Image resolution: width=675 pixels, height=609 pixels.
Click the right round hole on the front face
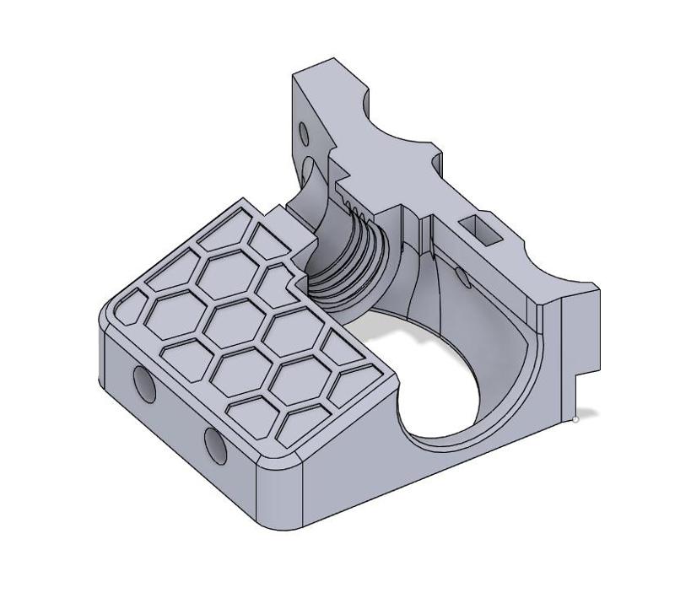tap(215, 444)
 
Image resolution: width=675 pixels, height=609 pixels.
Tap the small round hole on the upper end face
tap(303, 132)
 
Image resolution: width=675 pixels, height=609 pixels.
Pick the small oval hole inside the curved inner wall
tap(462, 276)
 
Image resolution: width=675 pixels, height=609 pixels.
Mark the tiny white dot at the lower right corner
tap(575, 418)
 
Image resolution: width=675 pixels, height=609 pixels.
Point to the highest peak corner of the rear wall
tap(334, 61)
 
